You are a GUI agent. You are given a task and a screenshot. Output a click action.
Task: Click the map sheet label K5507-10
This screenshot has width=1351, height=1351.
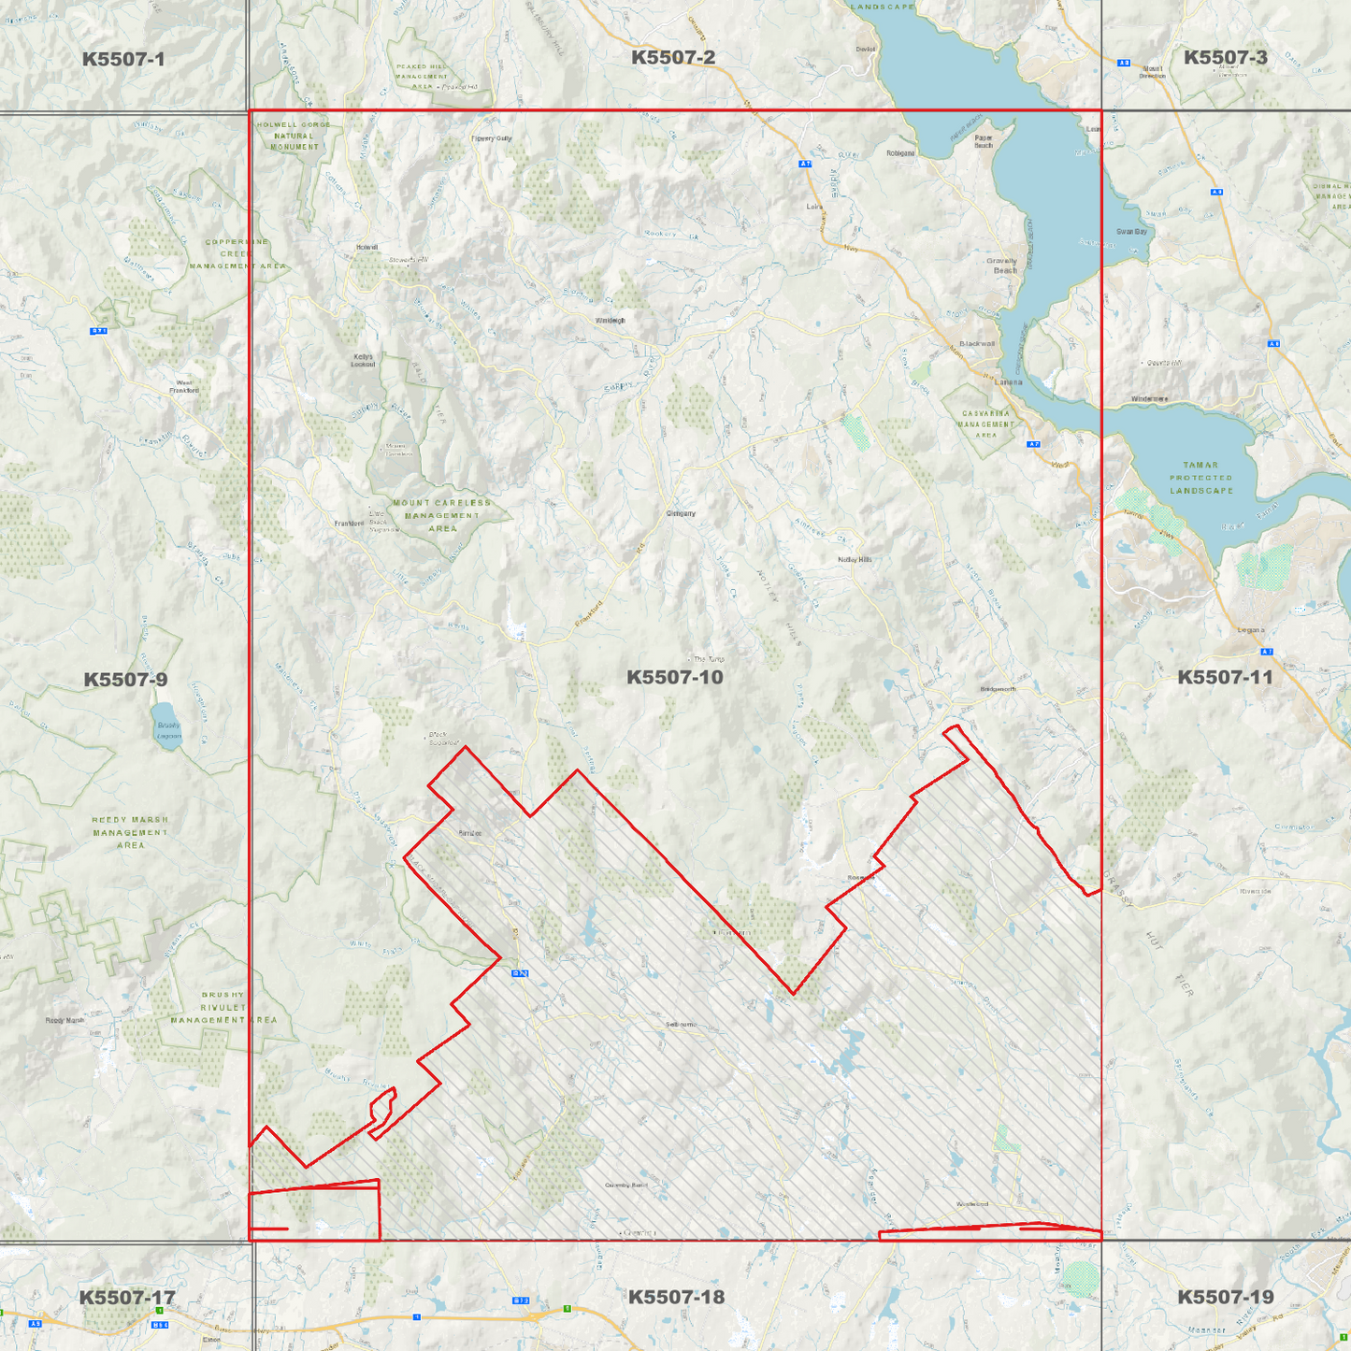pyautogui.click(x=674, y=677)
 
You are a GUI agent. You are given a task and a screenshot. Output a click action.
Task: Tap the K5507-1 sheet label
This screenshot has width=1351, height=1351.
pyautogui.click(x=123, y=59)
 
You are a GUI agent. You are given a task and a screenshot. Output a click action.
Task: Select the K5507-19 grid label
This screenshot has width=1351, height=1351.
pyautogui.click(x=1225, y=1297)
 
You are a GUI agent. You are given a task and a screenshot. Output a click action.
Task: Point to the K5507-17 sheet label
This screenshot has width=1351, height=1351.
pyautogui.click(x=126, y=1297)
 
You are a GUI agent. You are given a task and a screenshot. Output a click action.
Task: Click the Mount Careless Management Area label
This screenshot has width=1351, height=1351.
pyautogui.click(x=442, y=515)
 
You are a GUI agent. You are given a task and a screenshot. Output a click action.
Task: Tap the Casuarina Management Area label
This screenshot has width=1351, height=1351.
pyautogui.click(x=985, y=424)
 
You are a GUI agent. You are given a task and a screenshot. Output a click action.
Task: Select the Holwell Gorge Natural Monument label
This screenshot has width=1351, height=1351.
pyautogui.click(x=295, y=136)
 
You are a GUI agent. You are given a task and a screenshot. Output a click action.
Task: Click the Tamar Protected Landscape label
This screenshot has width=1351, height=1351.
pyautogui.click(x=1201, y=477)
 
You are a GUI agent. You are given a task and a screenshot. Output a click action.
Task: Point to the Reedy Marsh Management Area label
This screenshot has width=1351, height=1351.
pyautogui.click(x=130, y=832)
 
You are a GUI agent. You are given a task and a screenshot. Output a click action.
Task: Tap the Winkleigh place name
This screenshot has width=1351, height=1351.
pyautogui.click(x=610, y=320)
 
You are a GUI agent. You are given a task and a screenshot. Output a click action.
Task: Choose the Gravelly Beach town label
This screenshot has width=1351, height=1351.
pyautogui.click(x=1002, y=266)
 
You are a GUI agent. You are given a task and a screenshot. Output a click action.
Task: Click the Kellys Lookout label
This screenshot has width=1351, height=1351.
pyautogui.click(x=363, y=360)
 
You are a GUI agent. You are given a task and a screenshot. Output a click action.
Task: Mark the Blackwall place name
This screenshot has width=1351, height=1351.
pyautogui.click(x=977, y=343)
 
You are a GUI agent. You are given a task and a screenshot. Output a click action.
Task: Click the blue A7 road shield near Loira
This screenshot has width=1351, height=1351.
pyautogui.click(x=805, y=164)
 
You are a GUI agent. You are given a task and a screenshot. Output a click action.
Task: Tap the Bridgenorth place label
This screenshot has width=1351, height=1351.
pyautogui.click(x=998, y=689)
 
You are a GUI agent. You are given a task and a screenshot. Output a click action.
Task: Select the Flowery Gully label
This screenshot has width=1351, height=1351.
pyautogui.click(x=492, y=138)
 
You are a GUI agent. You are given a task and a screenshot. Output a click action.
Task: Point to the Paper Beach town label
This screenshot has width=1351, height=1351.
pyautogui.click(x=984, y=141)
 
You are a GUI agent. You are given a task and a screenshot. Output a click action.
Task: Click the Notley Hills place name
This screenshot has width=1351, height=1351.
pyautogui.click(x=855, y=559)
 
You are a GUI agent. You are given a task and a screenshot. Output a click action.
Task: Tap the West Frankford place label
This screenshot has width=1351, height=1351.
pyautogui.click(x=184, y=386)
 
